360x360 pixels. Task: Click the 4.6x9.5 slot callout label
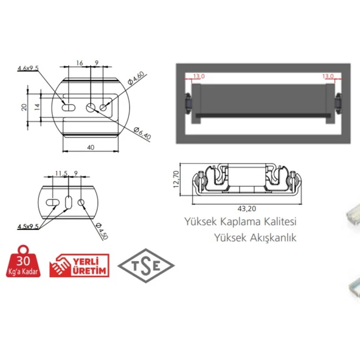pyautogui.click(x=28, y=68)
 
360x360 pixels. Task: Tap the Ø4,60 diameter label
pyautogui.click(x=136, y=78)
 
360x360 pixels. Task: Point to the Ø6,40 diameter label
pyautogui.click(x=142, y=133)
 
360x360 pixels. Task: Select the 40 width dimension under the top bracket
pyautogui.click(x=91, y=147)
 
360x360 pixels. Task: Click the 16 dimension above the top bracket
pyautogui.click(x=80, y=63)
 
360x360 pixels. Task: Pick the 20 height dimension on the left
pyautogui.click(x=24, y=107)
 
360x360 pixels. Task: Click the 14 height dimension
pyautogui.click(x=37, y=107)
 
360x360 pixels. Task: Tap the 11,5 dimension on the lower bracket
pyautogui.click(x=61, y=173)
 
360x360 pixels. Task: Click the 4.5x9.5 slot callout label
pyautogui.click(x=28, y=227)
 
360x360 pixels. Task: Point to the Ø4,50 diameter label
pyautogui.click(x=102, y=231)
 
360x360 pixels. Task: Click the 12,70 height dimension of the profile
pyautogui.click(x=176, y=179)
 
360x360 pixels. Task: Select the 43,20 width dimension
pyautogui.click(x=247, y=209)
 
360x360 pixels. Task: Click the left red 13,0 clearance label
pyautogui.click(x=199, y=76)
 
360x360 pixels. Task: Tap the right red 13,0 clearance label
pyautogui.click(x=328, y=76)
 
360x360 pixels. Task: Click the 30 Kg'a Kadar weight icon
pyautogui.click(x=23, y=261)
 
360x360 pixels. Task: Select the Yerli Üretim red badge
pyautogui.click(x=80, y=265)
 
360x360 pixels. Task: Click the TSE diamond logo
pyautogui.click(x=146, y=266)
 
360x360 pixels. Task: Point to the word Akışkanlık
pyautogui.click(x=273, y=238)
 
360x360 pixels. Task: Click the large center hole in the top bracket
pyautogui.click(x=91, y=108)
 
